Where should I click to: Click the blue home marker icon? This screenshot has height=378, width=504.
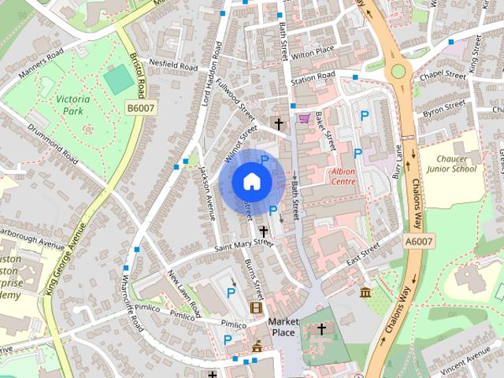pyautogui.click(x=250, y=181)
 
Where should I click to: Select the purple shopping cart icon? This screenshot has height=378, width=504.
pyautogui.click(x=304, y=119)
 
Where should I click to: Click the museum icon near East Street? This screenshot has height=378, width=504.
pyautogui.click(x=365, y=293)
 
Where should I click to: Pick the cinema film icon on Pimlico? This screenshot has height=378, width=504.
pyautogui.click(x=255, y=307)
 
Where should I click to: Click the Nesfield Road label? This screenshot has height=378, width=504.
pyautogui.click(x=168, y=65)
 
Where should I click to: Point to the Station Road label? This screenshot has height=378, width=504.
pyautogui.click(x=313, y=79)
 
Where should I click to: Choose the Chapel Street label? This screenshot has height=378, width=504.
pyautogui.click(x=444, y=74)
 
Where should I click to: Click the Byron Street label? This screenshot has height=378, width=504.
pyautogui.click(x=444, y=108)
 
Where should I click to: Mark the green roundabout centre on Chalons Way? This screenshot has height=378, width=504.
pyautogui.click(x=398, y=72)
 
